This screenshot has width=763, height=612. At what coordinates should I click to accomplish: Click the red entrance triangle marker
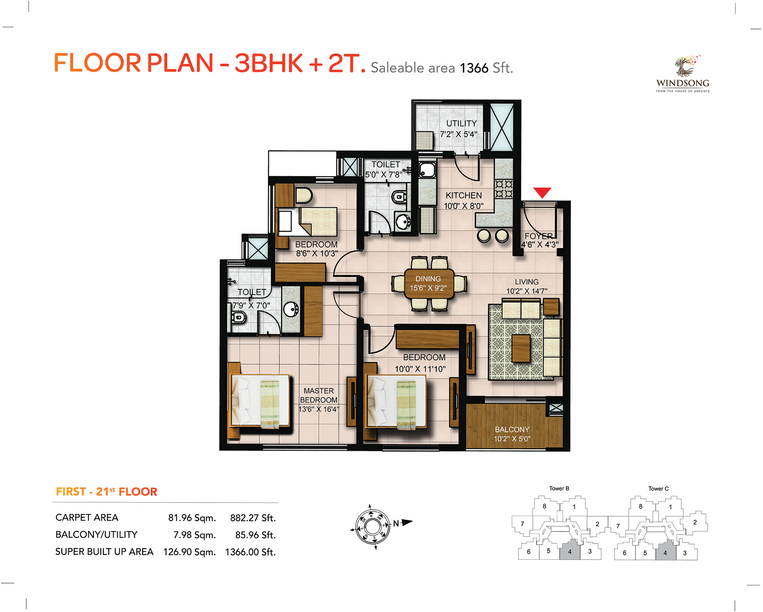point(542,192)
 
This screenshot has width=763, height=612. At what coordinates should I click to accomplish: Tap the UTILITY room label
point(461,123)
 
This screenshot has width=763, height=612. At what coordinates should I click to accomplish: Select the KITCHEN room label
point(464,196)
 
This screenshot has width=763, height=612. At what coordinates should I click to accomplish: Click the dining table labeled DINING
point(429,283)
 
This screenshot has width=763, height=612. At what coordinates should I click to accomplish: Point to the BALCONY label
point(512,430)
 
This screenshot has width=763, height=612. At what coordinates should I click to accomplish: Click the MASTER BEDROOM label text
point(319,395)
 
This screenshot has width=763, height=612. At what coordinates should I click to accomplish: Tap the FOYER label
point(539,236)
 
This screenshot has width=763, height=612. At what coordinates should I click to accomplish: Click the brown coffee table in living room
point(521,348)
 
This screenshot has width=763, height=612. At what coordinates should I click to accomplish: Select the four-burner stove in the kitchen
point(504,189)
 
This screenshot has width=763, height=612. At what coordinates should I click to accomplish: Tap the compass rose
point(373,527)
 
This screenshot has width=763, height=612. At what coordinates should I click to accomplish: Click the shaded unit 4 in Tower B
point(570,550)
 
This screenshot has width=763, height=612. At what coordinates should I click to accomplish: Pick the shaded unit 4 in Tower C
point(666,551)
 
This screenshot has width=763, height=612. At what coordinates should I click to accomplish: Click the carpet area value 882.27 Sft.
point(253,518)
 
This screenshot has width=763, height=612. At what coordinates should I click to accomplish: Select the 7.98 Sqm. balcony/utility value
point(194,535)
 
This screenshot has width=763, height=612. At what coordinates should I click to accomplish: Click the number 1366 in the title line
point(474,68)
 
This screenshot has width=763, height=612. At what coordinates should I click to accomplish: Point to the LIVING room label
point(526,282)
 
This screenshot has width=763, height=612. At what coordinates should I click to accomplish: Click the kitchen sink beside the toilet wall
point(427,170)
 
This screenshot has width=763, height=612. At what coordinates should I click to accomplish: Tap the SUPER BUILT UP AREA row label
point(104,552)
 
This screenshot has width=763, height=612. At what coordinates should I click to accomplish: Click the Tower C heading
point(658,489)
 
